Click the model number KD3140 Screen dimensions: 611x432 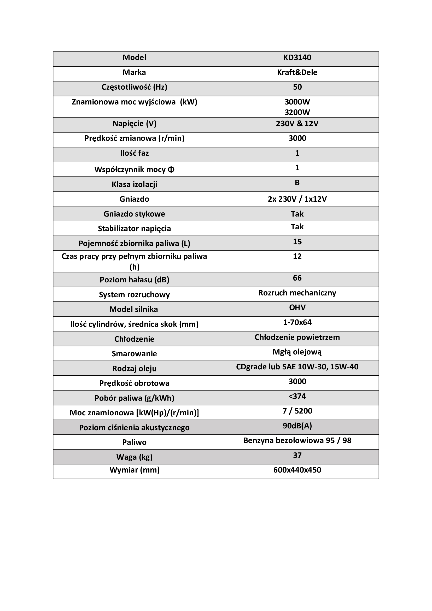(297, 57)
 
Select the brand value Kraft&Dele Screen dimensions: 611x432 (297, 72)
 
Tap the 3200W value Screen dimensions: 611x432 (297, 112)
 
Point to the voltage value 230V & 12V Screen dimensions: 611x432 (297, 124)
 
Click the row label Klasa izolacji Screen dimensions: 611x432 (134, 184)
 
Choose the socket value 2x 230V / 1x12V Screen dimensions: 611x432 (297, 199)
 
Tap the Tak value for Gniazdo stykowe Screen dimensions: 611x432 (297, 214)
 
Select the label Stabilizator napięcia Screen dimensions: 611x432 (134, 229)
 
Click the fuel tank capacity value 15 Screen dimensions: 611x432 (297, 242)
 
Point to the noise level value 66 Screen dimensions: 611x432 (297, 278)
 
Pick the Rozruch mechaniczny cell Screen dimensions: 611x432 (297, 293)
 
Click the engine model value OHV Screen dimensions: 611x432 (297, 308)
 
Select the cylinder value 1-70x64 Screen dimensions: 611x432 (297, 322)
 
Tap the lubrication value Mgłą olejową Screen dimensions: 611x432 (297, 352)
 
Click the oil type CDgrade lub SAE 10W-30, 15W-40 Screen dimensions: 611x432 (297, 367)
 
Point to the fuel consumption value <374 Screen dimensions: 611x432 (297, 396)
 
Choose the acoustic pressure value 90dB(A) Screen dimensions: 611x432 (297, 426)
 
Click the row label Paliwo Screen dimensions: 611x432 (134, 442)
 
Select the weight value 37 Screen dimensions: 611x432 (297, 455)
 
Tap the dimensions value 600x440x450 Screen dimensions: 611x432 (297, 470)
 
